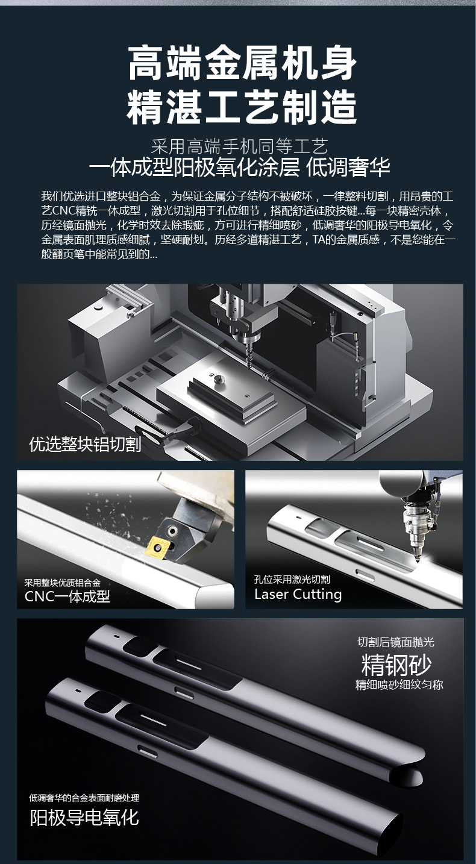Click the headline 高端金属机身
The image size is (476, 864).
tap(242, 63)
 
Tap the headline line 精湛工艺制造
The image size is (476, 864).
tap(242, 105)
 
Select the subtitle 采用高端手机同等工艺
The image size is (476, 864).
tap(239, 146)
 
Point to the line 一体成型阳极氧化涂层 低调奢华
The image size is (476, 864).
tap(239, 167)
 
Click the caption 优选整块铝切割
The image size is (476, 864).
tap(85, 444)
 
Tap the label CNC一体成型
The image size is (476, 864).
tap(67, 596)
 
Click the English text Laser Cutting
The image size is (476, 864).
tap(298, 595)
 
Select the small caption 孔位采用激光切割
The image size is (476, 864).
tap(292, 580)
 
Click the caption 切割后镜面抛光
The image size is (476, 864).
tap(396, 642)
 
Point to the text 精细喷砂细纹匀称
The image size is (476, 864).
tap(399, 685)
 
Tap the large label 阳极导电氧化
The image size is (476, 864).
tap(84, 818)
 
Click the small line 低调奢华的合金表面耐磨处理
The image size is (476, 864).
tap(84, 798)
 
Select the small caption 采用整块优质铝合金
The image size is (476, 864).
tap(63, 583)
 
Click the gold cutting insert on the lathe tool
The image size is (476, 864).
tap(157, 546)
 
